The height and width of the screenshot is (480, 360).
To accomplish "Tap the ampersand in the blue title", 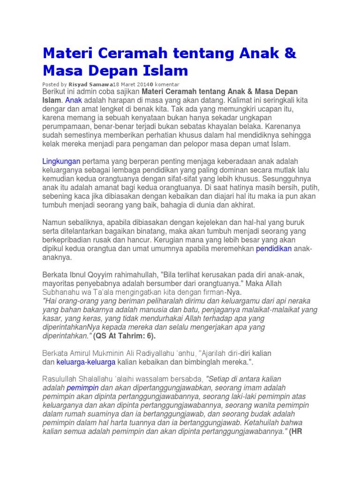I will click(x=290, y=53).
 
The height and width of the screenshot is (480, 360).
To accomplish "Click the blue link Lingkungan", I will click(x=61, y=161).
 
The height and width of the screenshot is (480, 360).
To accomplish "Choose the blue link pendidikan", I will click(x=274, y=248).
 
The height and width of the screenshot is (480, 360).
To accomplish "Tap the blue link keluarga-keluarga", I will click(x=86, y=362).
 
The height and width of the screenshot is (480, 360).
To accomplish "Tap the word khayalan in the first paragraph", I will click(x=225, y=126).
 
